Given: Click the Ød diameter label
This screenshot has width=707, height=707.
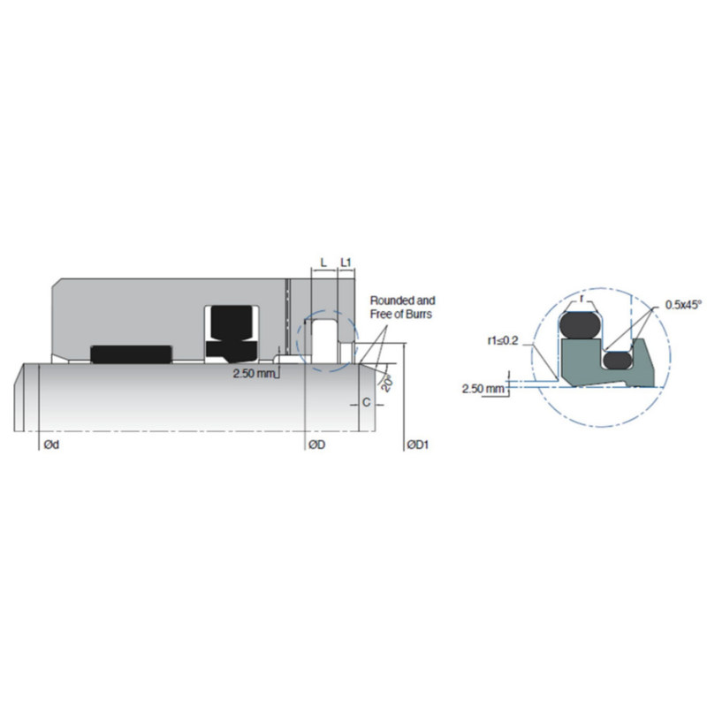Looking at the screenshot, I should [50, 445].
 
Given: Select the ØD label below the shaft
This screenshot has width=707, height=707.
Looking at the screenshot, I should [316, 445].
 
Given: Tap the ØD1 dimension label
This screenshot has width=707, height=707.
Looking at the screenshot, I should [416, 445].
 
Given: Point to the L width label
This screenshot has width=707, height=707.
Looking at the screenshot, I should [323, 262].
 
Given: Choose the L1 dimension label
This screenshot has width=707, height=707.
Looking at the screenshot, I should [346, 262].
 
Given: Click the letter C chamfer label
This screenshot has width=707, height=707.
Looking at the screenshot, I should [366, 403].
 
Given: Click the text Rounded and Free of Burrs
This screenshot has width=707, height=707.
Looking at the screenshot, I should [402, 307].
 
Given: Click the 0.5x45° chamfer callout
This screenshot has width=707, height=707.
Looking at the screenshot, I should [683, 305].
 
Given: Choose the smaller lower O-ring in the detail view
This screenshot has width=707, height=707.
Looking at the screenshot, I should [616, 359].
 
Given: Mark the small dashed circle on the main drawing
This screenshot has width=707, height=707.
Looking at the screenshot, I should [325, 341].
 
